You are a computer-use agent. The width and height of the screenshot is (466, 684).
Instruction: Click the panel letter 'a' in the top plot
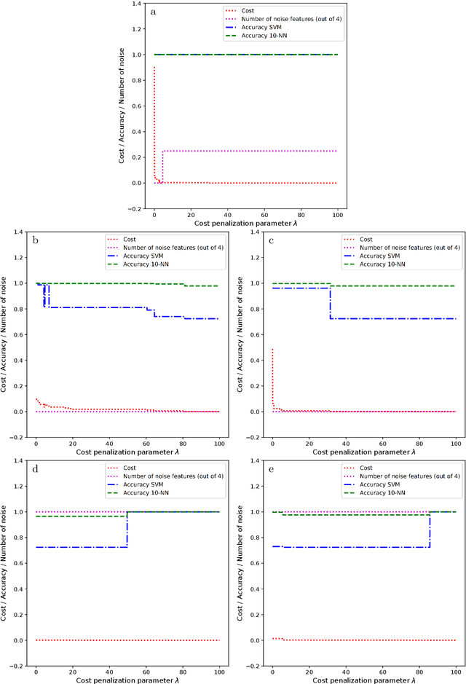153,12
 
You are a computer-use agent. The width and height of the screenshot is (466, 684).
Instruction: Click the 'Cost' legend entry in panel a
250,11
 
